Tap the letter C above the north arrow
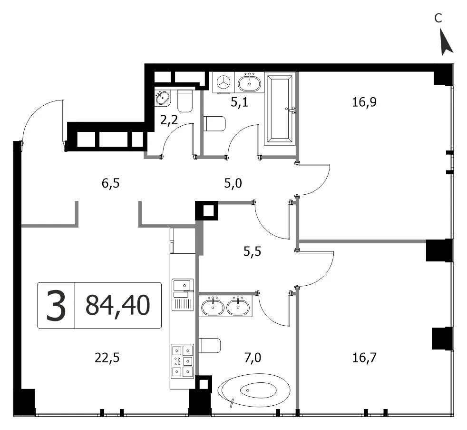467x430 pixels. (438, 19)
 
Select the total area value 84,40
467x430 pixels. (117, 305)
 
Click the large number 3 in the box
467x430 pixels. (56, 306)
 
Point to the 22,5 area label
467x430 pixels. (107, 358)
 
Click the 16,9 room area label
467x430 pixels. (364, 102)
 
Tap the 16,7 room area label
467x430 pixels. (365, 357)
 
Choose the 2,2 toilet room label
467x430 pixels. (169, 120)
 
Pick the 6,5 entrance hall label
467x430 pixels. (110, 183)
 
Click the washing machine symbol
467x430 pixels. (224, 82)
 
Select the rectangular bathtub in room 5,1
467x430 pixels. (280, 109)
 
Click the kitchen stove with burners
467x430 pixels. (182, 360)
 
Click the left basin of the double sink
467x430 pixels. (213, 307)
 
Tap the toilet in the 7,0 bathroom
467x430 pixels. (210, 345)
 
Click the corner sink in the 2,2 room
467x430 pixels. (163, 98)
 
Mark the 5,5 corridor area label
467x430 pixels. (252, 252)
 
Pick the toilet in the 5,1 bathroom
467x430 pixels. (214, 124)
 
